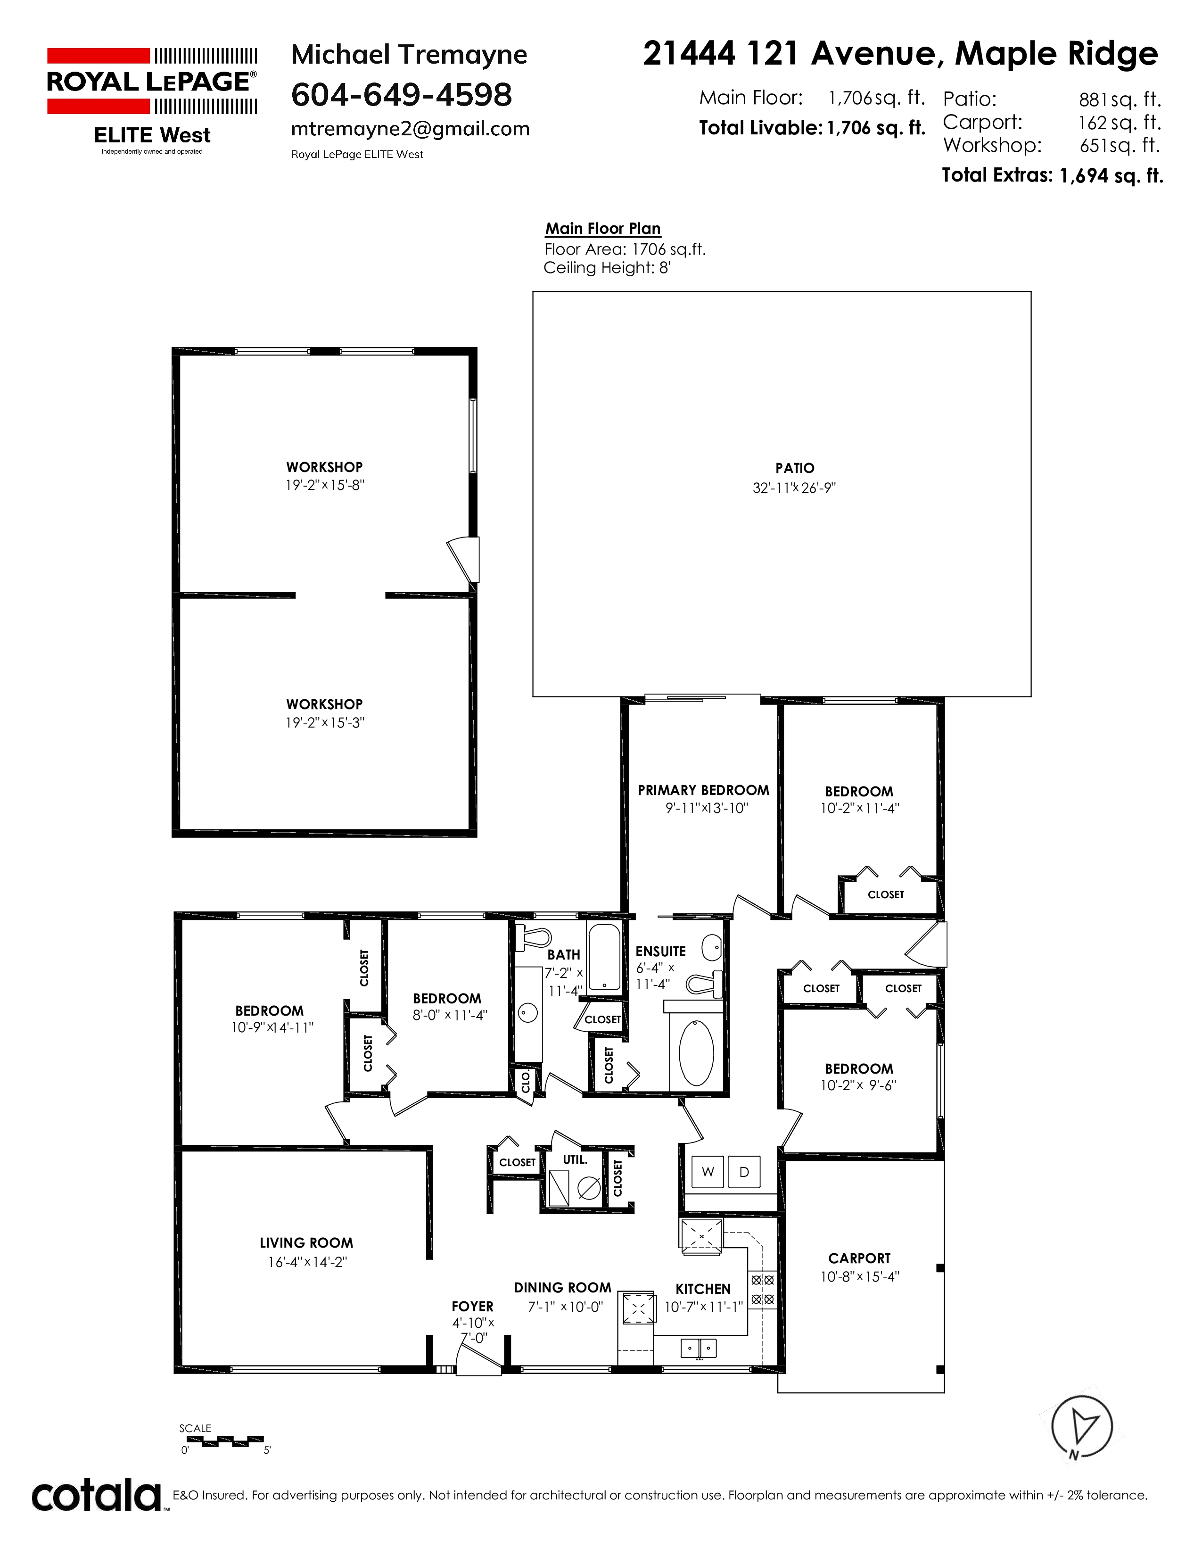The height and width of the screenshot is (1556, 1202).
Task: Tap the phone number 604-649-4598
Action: click(402, 95)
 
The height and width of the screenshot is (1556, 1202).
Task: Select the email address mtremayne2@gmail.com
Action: click(410, 129)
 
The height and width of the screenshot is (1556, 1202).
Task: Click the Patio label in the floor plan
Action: click(795, 468)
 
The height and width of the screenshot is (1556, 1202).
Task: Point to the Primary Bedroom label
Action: click(704, 790)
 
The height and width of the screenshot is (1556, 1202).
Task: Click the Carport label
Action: click(859, 1258)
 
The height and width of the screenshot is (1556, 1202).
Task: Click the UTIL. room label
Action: click(576, 1159)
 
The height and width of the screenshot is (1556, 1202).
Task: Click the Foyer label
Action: click(472, 1307)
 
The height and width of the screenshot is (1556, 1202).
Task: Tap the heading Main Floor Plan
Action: click(603, 229)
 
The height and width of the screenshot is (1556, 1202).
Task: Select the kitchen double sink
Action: click(699, 1348)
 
